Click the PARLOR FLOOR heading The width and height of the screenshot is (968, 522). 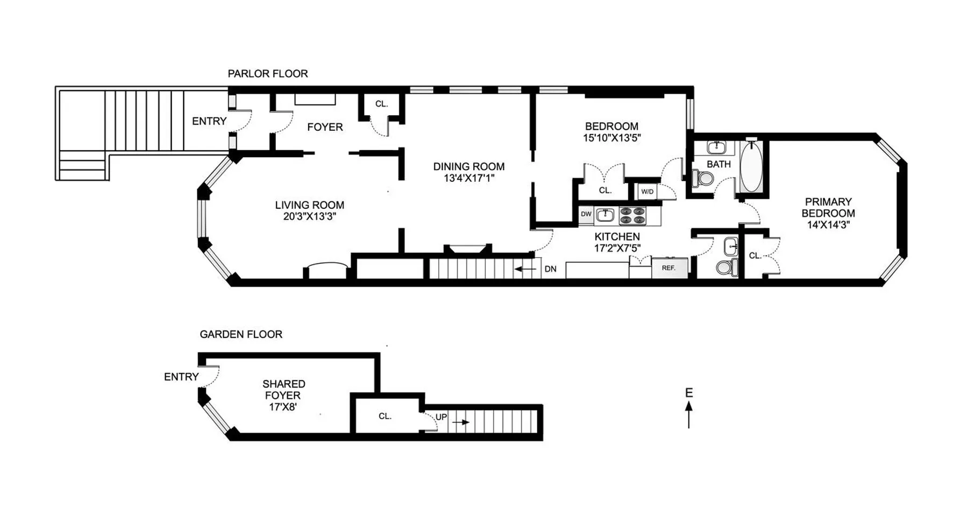point(267,74)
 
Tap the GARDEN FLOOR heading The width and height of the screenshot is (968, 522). point(240,334)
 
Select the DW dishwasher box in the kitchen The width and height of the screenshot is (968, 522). point(586,214)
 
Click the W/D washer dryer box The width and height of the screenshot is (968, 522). point(647,192)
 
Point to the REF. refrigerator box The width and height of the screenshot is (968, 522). point(669,268)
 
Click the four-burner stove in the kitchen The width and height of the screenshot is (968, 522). point(632,215)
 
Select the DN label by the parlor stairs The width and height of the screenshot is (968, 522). point(550,269)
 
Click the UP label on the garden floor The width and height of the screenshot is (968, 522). point(441,417)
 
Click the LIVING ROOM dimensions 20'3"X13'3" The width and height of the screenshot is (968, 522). point(309,217)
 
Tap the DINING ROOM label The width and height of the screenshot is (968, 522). point(468,167)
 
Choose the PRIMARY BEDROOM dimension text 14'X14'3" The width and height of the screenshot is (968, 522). point(828,225)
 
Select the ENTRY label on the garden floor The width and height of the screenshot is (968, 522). point(181,377)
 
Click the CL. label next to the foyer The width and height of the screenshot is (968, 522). point(381,104)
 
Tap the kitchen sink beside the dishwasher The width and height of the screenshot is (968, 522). point(606,215)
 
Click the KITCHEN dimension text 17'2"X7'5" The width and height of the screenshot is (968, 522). point(617,248)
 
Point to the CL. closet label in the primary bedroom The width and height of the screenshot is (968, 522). point(755,256)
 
